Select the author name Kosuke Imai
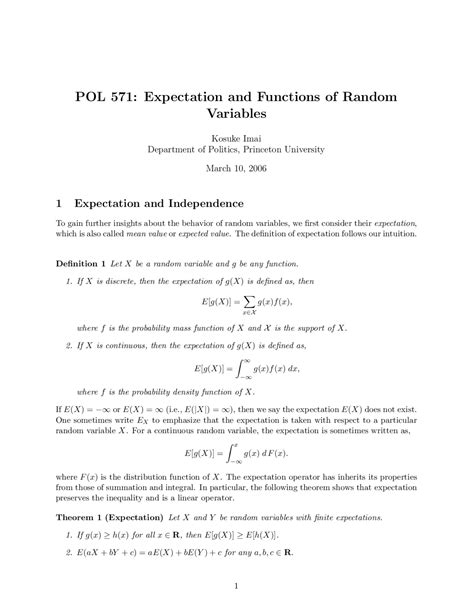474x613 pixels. (237, 137)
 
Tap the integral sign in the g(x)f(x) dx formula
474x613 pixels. (242, 367)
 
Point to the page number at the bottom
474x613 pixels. (236, 587)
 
